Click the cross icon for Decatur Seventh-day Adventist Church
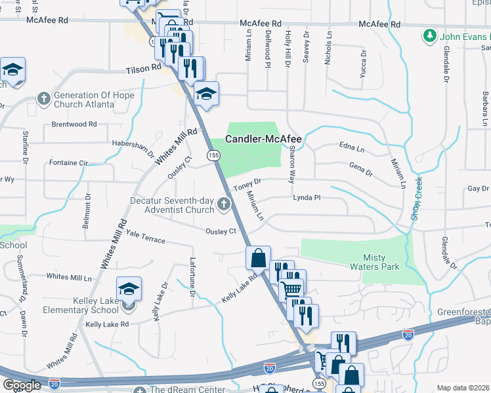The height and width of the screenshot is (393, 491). (x=224, y=204)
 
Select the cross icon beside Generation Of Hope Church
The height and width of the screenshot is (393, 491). (x=44, y=100)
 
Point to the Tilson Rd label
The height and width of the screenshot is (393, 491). (x=144, y=67)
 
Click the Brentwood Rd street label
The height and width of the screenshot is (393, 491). (x=74, y=124)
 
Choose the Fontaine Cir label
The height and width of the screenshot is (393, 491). (x=69, y=162)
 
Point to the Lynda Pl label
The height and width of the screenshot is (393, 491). (x=306, y=196)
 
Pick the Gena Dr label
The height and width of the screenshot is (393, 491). (x=361, y=169)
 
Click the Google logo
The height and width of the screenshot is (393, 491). (x=22, y=385)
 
